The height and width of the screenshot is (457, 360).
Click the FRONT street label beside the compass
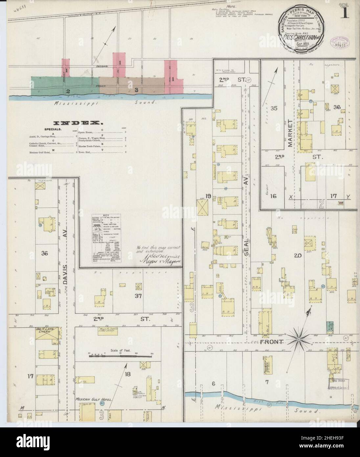[271, 342]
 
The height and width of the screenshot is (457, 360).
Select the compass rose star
[300, 339]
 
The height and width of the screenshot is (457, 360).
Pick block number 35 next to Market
[274, 108]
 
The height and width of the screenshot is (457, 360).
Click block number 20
[298, 256]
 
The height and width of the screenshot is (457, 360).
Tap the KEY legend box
[107, 238]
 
